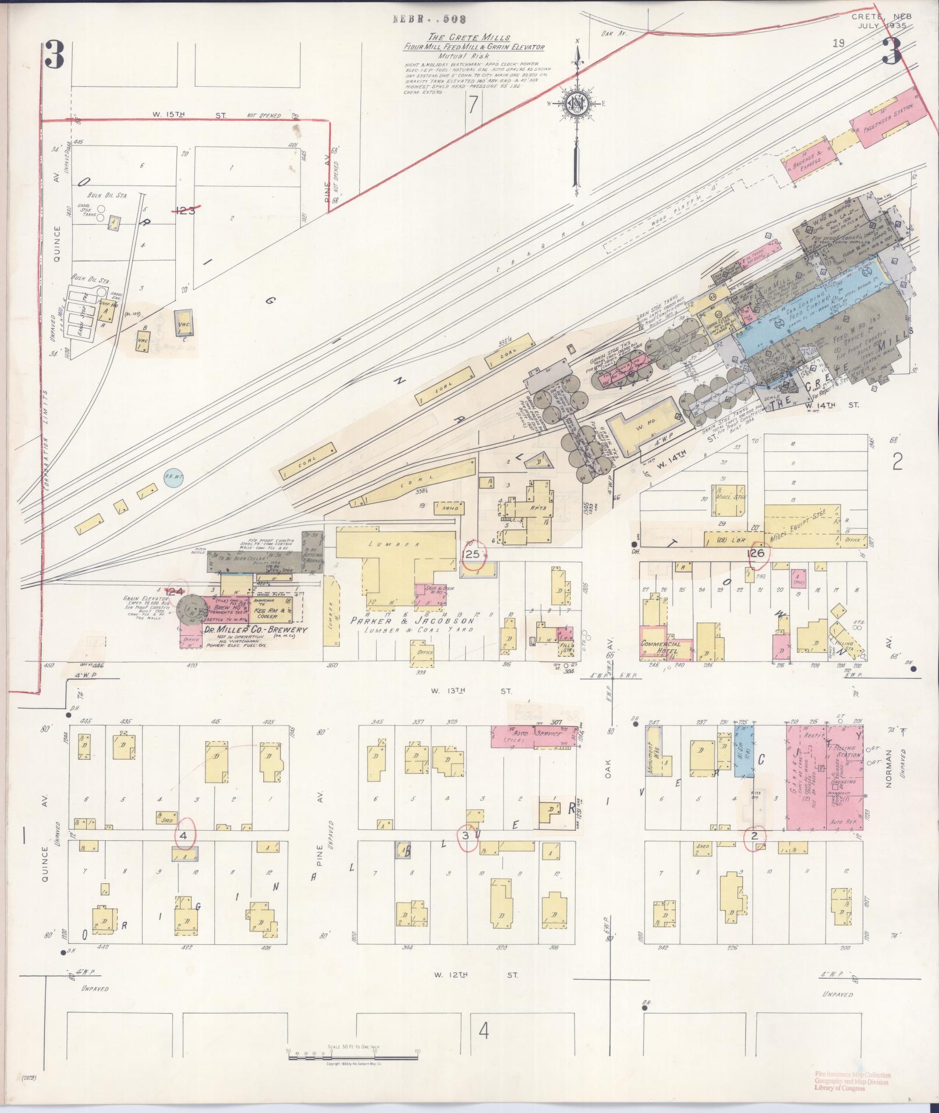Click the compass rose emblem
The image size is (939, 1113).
[x=577, y=105]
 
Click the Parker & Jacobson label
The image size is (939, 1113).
[x=413, y=621]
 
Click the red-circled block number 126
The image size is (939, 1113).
[x=756, y=553]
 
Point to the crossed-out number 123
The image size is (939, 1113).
[x=186, y=210]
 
